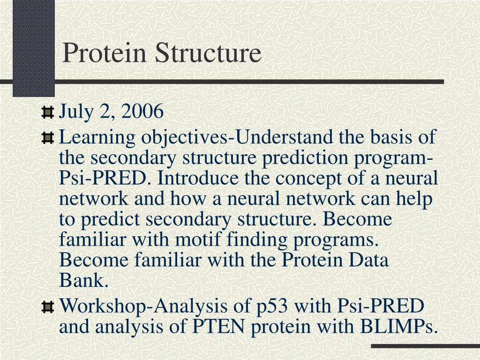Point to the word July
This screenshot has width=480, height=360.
tap(75, 112)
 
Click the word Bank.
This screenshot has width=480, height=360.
tap(83, 281)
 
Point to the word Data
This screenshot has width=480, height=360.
tap(372, 260)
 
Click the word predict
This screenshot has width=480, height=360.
tap(107, 220)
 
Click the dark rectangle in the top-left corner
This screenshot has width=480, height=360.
tap(33, 47)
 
